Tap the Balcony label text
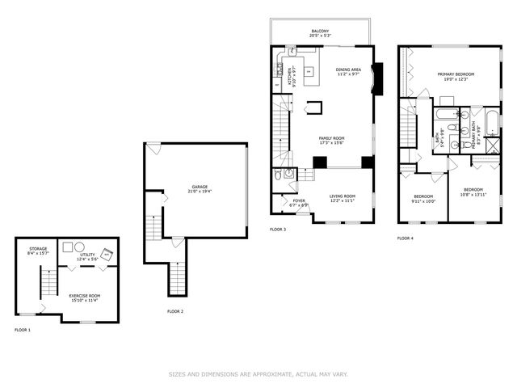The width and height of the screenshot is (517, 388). pos(321,32)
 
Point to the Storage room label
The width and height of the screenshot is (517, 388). pos(38,251)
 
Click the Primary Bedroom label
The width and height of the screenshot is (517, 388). pos(456,77)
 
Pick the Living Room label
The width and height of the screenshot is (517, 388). pos(343,198)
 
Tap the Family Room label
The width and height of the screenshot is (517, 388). pos(331,141)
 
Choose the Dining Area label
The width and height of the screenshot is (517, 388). pos(348,72)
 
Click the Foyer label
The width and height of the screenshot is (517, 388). pos(299,203)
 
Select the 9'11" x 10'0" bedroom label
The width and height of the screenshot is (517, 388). pos(424,199)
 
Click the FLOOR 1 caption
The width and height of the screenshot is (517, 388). pos(23,330)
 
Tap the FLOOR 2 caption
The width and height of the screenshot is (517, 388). pos(175,311)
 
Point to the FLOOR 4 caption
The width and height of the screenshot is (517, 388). pos(405,238)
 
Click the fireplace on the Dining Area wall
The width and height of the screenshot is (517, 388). pos(374,80)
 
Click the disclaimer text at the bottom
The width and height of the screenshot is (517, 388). pos(258,373)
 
